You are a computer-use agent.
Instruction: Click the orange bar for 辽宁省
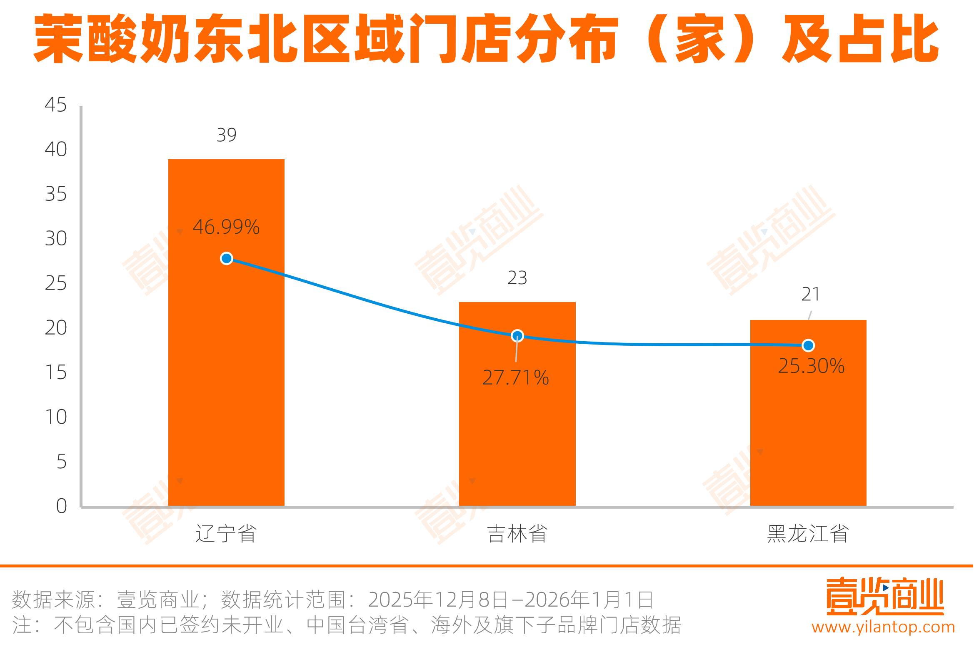226,377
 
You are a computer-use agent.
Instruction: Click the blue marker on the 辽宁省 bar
226,258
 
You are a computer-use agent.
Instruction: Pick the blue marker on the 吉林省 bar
517,336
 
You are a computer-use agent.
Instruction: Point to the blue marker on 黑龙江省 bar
808,345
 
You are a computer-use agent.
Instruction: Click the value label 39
226,135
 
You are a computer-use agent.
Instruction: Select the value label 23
517,278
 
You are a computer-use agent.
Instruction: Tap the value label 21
810,294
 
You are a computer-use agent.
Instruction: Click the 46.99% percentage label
226,227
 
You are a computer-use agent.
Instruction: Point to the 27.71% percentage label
515,378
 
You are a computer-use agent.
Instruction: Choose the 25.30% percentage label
811,366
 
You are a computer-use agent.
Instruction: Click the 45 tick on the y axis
56,105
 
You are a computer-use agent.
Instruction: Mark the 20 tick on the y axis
56,328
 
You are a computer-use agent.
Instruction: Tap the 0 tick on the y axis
61,506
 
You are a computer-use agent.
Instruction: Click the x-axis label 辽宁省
226,534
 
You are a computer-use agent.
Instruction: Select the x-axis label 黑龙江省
808,534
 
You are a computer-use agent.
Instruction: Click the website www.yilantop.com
883,627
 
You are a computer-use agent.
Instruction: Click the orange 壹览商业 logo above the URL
884,596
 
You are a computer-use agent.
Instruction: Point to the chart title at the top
486,39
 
